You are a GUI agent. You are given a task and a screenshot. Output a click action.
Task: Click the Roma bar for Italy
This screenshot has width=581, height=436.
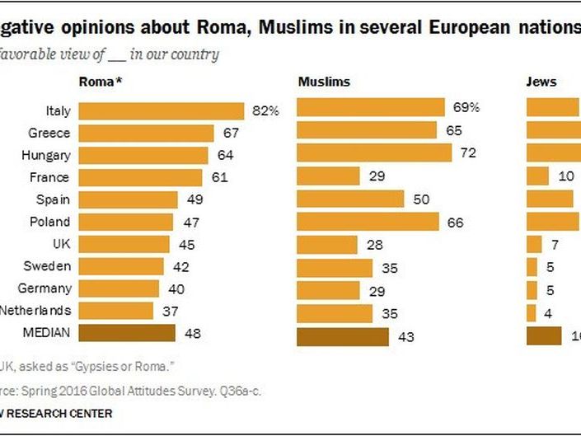161,110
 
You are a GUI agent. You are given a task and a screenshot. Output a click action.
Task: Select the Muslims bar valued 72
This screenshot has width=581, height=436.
374,153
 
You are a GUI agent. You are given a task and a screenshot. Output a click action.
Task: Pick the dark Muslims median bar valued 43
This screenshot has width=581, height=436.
342,337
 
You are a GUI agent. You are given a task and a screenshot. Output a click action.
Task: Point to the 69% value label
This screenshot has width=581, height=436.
466,107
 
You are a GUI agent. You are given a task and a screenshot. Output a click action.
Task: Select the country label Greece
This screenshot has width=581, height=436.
49,133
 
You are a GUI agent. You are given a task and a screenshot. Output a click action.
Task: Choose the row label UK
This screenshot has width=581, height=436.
60,244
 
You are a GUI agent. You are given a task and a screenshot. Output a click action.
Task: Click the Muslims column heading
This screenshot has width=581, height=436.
323,82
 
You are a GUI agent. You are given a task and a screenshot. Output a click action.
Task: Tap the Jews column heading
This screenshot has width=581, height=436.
541,82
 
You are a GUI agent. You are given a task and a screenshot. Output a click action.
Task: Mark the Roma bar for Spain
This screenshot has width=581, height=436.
128,199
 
